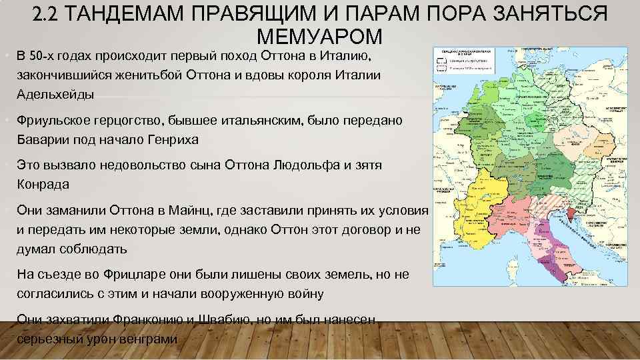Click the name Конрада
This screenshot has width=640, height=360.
pyautogui.click(x=43, y=185)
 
